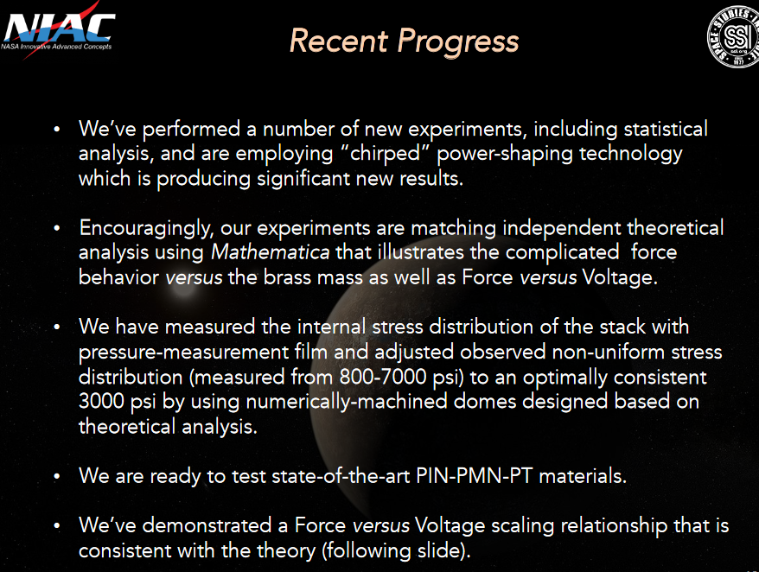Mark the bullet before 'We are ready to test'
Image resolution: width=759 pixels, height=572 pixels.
(56, 476)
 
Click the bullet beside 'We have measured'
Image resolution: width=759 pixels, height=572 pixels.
(56, 328)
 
